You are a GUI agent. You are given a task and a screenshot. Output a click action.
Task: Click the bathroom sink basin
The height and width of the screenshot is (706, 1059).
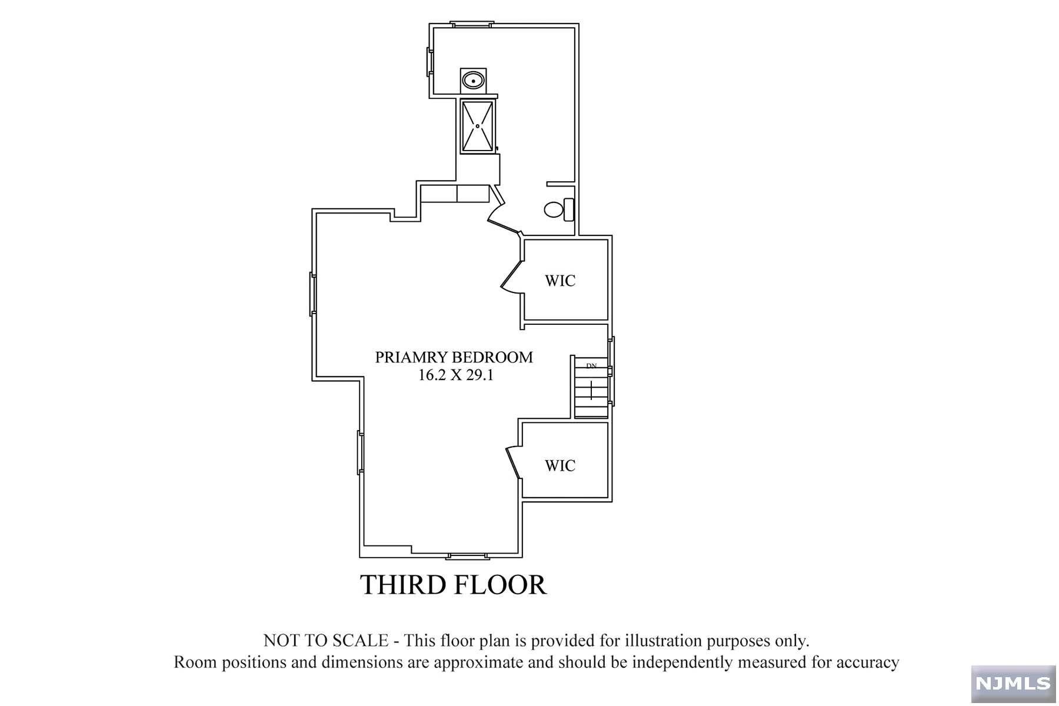472,79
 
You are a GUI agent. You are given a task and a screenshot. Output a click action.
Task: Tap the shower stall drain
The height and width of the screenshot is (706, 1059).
478,125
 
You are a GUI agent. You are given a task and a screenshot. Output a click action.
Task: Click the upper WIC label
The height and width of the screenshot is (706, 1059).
560,281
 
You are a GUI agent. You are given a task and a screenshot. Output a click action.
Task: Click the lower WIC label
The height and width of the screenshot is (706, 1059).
560,466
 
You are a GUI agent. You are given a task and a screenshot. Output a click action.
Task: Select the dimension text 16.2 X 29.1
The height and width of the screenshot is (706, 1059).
455,375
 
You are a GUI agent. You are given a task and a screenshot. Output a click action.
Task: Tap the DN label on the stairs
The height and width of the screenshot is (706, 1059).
591,366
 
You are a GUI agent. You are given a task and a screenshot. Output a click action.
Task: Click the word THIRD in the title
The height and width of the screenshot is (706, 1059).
402,585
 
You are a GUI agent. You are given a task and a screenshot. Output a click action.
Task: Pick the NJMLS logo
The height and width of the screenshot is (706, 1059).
1013,684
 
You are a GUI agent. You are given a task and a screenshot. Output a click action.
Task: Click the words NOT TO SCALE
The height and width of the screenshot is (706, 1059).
325,641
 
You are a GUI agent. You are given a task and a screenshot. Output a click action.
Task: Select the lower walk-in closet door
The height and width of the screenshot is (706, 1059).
513,462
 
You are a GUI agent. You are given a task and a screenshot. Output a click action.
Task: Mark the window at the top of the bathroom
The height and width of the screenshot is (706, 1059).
471,24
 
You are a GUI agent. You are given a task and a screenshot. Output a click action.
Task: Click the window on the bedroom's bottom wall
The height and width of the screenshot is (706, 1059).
468,555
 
